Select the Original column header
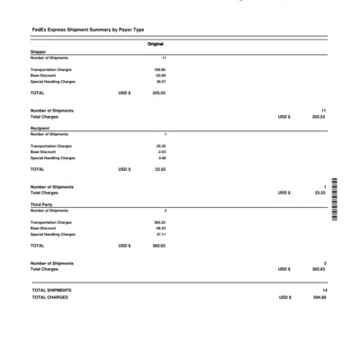[x=155, y=44]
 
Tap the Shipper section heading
[x=38, y=52]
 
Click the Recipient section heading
[x=40, y=129]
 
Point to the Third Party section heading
[x=40, y=204]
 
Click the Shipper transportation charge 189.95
[x=159, y=68]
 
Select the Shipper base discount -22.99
[x=160, y=75]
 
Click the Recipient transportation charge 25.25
[x=161, y=145]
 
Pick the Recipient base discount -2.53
[x=161, y=151]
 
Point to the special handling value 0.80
[x=162, y=157]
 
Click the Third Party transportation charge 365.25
[x=159, y=221]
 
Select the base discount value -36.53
[x=160, y=228]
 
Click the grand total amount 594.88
[x=319, y=297]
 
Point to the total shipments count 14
[x=323, y=290]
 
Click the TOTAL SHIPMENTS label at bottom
[x=51, y=290]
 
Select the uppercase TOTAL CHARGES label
[x=49, y=297]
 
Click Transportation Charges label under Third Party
[x=51, y=221]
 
